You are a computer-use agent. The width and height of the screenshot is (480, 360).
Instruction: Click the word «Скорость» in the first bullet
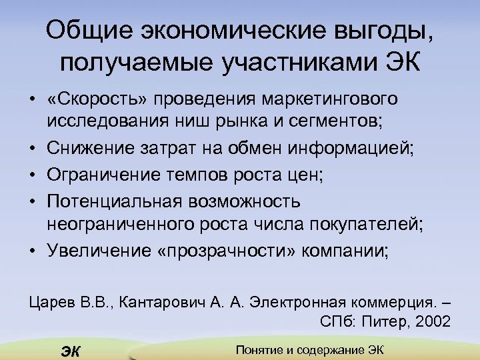(x=97, y=99)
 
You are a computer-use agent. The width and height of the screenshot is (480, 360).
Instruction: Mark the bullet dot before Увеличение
(x=32, y=251)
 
